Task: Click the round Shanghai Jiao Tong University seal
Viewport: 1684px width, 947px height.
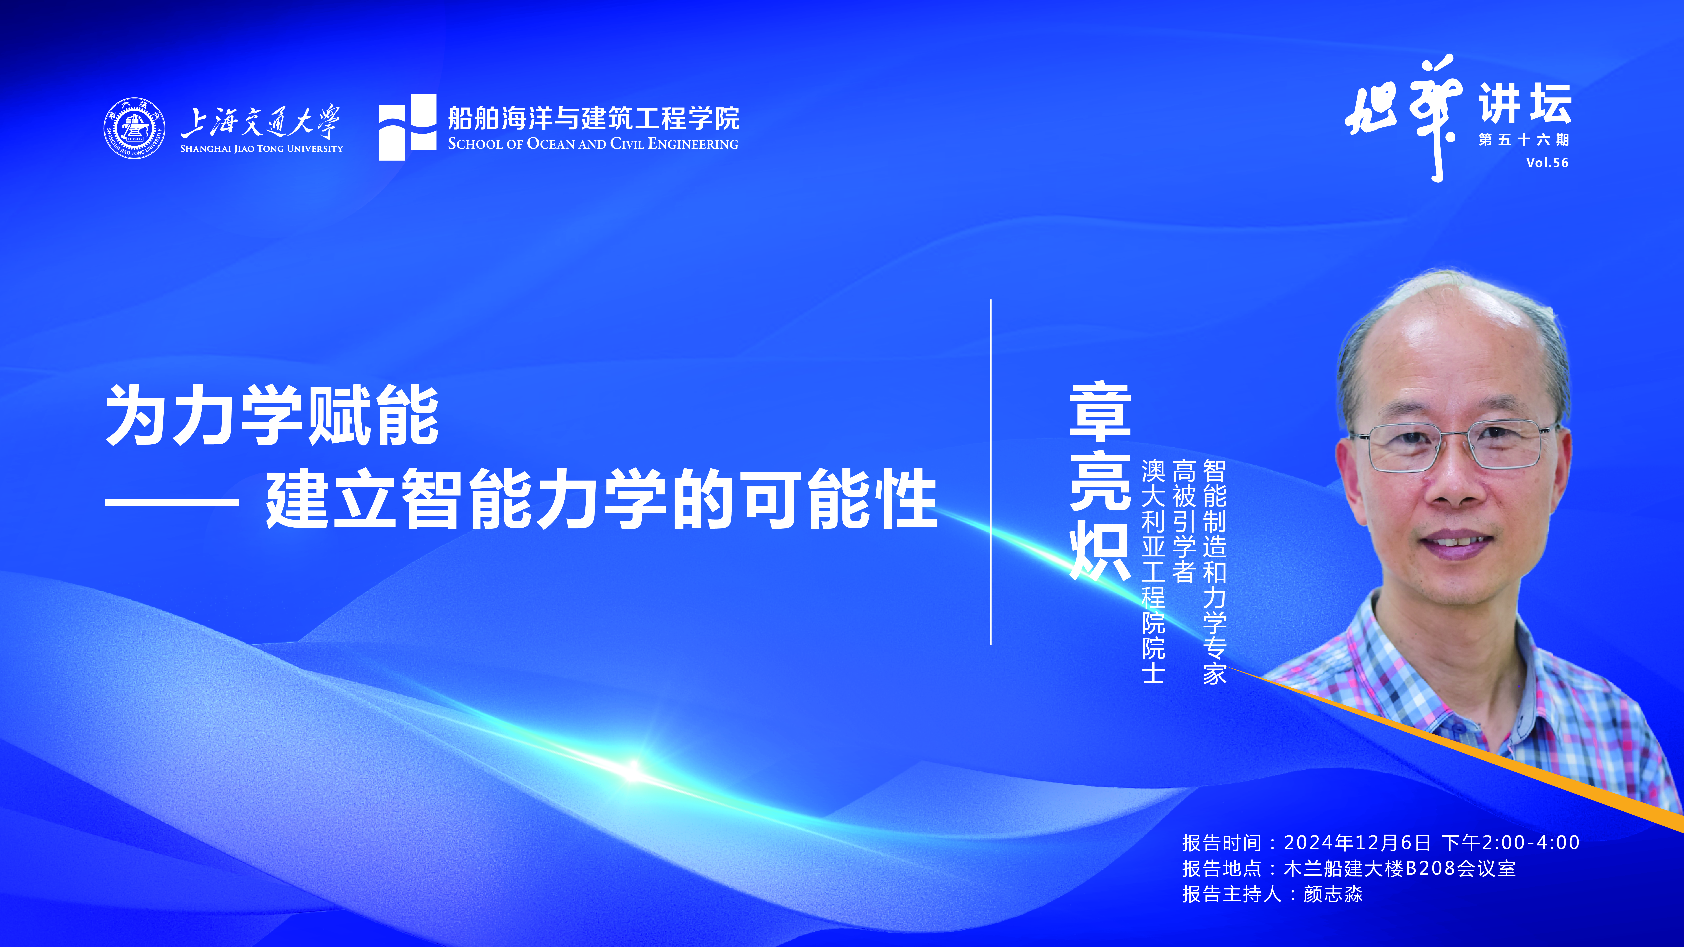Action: (x=134, y=128)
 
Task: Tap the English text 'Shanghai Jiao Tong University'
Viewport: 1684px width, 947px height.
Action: (x=261, y=148)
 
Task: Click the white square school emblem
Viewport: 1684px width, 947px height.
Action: (x=407, y=127)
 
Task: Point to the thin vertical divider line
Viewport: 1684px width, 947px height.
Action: (x=991, y=472)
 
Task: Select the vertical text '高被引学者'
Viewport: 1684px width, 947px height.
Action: (x=1184, y=521)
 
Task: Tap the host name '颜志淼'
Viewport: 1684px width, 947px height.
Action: (x=1333, y=894)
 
